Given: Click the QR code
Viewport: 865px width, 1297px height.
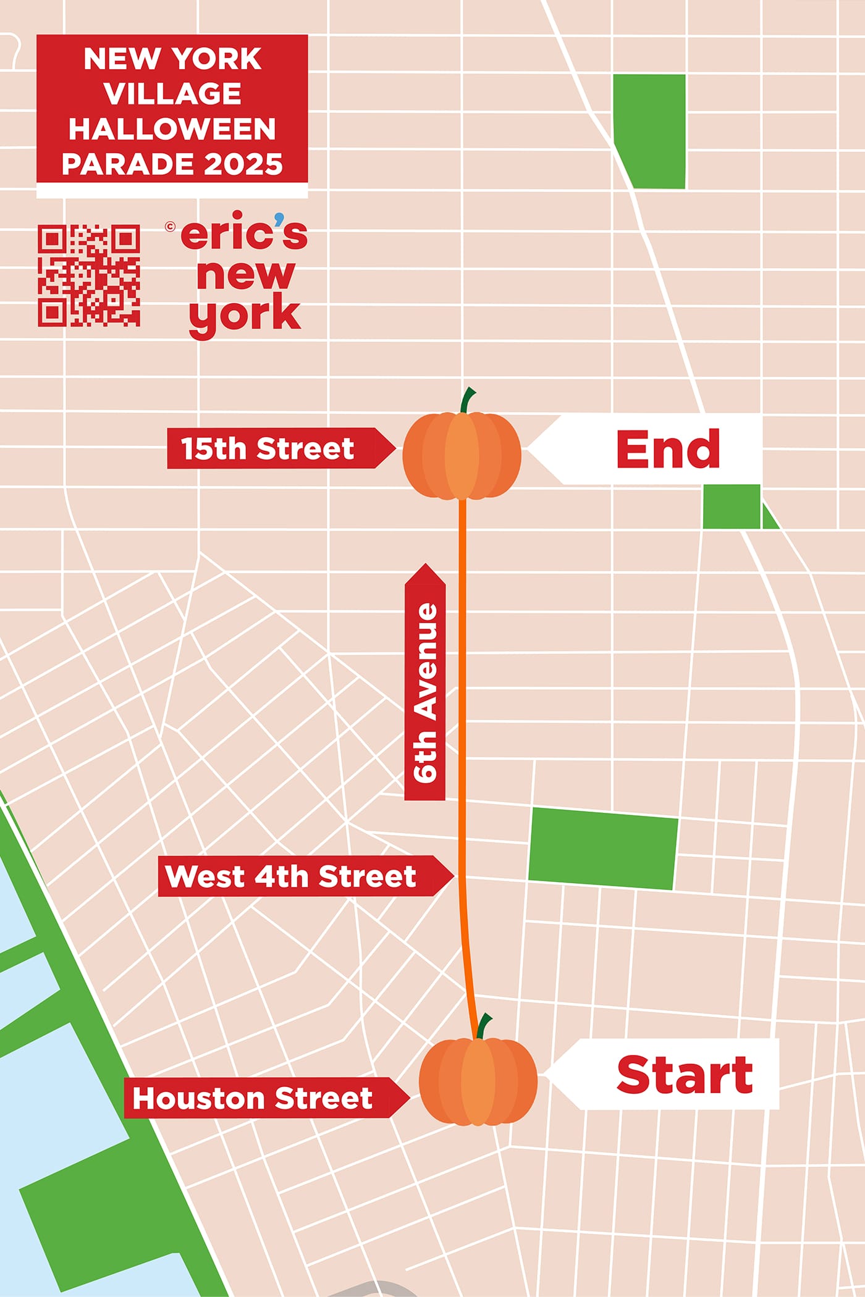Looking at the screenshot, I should pyautogui.click(x=89, y=275).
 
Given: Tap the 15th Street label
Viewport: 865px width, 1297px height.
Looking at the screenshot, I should pyautogui.click(x=268, y=448).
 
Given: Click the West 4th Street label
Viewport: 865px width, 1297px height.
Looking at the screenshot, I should pyautogui.click(x=290, y=876).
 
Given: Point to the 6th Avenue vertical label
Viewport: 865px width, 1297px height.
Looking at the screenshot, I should pyautogui.click(x=425, y=692).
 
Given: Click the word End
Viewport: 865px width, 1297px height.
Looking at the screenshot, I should pyautogui.click(x=668, y=449).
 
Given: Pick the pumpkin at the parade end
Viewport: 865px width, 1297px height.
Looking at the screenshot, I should pyautogui.click(x=462, y=456).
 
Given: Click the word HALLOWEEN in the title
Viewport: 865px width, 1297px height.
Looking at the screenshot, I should pyautogui.click(x=172, y=129).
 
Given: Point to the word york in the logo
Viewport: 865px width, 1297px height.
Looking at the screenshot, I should pyautogui.click(x=245, y=315).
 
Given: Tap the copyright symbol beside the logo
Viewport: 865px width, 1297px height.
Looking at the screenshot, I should pyautogui.click(x=171, y=227).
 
